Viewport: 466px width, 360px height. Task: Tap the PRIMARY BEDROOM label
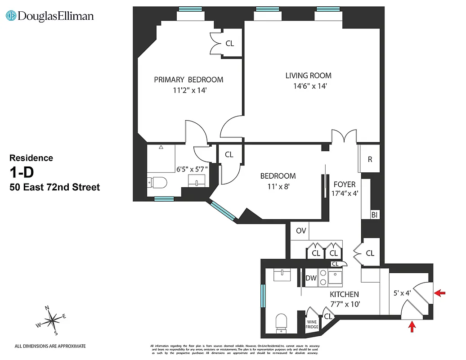pyautogui.click(x=188, y=80)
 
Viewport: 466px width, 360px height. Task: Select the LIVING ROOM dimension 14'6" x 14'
pyautogui.click(x=309, y=86)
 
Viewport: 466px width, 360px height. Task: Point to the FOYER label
pyautogui.click(x=345, y=184)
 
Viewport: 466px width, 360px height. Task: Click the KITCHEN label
pyautogui.click(x=344, y=294)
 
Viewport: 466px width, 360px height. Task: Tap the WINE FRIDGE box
pyautogui.click(x=312, y=324)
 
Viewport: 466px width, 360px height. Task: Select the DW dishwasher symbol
pyautogui.click(x=311, y=278)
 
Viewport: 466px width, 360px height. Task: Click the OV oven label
pyautogui.click(x=301, y=231)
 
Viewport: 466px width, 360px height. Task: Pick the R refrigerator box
pyautogui.click(x=370, y=160)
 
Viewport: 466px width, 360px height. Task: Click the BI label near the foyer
pyautogui.click(x=374, y=215)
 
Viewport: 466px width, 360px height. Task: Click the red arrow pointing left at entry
pyautogui.click(x=440, y=293)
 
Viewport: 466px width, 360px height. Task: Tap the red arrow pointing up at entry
pyautogui.click(x=412, y=326)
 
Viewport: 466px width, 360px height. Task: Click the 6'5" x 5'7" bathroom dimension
pyautogui.click(x=193, y=169)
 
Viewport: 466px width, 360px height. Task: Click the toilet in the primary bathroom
pyautogui.click(x=157, y=183)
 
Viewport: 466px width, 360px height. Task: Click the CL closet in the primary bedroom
pyautogui.click(x=229, y=44)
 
